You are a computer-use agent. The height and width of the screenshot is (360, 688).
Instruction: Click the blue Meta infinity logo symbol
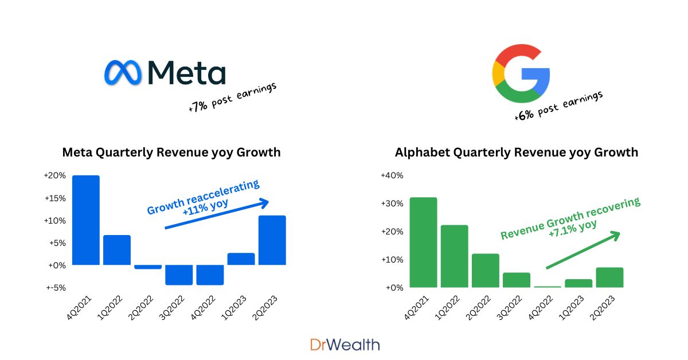click(x=123, y=73)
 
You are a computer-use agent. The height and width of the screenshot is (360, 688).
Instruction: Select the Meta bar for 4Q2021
click(x=86, y=220)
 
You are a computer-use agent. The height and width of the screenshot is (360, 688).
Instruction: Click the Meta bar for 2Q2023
click(x=272, y=240)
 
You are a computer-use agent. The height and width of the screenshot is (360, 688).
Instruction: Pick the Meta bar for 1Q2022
click(x=117, y=250)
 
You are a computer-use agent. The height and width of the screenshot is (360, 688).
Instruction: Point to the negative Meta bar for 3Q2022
click(x=179, y=275)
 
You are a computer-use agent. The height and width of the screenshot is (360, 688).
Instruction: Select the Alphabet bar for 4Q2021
click(x=423, y=242)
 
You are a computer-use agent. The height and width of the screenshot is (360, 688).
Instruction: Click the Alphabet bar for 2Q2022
click(x=485, y=270)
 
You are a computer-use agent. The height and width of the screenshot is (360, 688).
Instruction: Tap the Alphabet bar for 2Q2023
click(x=609, y=277)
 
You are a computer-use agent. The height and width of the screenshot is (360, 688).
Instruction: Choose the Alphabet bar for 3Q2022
click(x=516, y=280)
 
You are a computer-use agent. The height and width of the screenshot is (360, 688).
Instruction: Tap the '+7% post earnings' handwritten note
click(x=232, y=97)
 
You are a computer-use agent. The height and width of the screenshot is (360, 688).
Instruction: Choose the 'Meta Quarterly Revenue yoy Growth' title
click(x=171, y=152)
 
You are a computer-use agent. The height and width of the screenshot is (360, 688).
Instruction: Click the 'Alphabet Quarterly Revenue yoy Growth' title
click(x=516, y=152)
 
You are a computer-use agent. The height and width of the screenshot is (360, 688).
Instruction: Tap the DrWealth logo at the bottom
click(x=345, y=345)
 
